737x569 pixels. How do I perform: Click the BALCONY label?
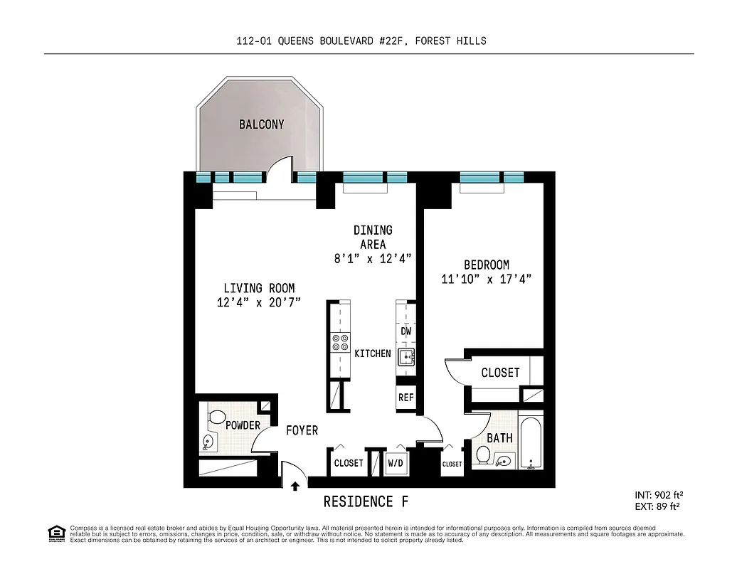pos(261,124)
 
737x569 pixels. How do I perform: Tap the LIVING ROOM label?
pos(259,288)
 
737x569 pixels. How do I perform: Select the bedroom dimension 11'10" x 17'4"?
pos(486,279)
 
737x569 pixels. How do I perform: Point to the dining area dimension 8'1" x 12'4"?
pos(373,258)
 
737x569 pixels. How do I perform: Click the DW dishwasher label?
pos(405,331)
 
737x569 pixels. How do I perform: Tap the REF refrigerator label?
pos(405,398)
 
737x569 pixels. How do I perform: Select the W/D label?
pos(396,463)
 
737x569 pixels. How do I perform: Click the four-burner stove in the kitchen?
pos(340,344)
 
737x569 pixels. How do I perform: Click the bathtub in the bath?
pos(531,443)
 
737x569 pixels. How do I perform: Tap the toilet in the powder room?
pos(217,416)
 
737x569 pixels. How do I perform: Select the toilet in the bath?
pos(482,455)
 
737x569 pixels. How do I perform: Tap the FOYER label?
pos(302,430)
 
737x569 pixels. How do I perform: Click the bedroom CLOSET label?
pos(500,373)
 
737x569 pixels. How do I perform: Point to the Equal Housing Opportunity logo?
pos(55,532)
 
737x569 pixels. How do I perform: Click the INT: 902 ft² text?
pos(659,495)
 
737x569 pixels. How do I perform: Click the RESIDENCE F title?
pos(366,501)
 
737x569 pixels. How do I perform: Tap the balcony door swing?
pos(281,169)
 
